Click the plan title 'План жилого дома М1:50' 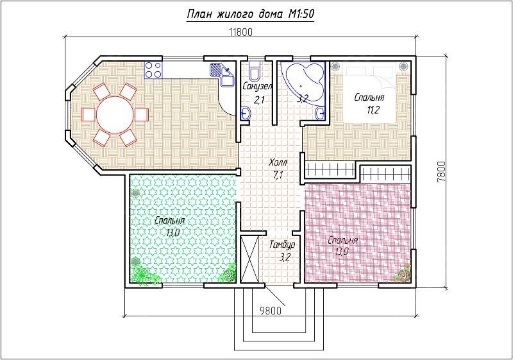pos(250,14)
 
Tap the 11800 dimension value pos(241,32)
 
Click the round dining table pos(115,114)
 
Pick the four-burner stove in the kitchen pos(153,70)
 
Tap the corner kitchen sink pos(222,74)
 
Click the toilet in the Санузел pos(254,71)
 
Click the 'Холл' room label pos(278,162)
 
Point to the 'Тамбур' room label pos(282,244)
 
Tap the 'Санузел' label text pos(258,87)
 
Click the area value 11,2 pos(373,110)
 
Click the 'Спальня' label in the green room pos(169,221)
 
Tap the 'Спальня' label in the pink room pos(342,241)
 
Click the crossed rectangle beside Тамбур pos(249,259)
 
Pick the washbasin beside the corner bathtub pos(321,114)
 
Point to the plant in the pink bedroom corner pos(403,273)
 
